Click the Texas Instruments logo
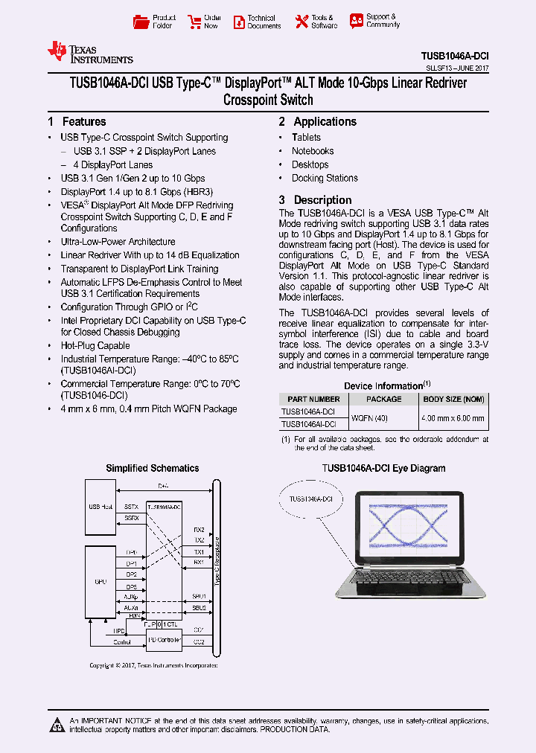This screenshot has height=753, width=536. point(89,53)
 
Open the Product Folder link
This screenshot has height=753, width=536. point(155,22)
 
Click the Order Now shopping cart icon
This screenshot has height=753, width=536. point(195,22)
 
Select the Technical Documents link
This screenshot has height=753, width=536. point(257,22)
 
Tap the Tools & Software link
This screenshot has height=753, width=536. point(315,22)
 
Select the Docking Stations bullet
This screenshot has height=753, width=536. point(325,178)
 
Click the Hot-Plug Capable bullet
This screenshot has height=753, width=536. point(95,345)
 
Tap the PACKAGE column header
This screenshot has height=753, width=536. point(384,399)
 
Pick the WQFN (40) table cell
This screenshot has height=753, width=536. point(370,417)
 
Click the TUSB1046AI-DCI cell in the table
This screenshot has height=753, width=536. point(308,424)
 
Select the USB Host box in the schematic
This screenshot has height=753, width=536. point(100,507)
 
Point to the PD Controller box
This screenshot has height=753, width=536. point(164,638)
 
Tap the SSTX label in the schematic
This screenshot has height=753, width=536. point(131,506)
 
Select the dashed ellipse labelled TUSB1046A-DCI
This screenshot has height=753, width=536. point(316,498)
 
